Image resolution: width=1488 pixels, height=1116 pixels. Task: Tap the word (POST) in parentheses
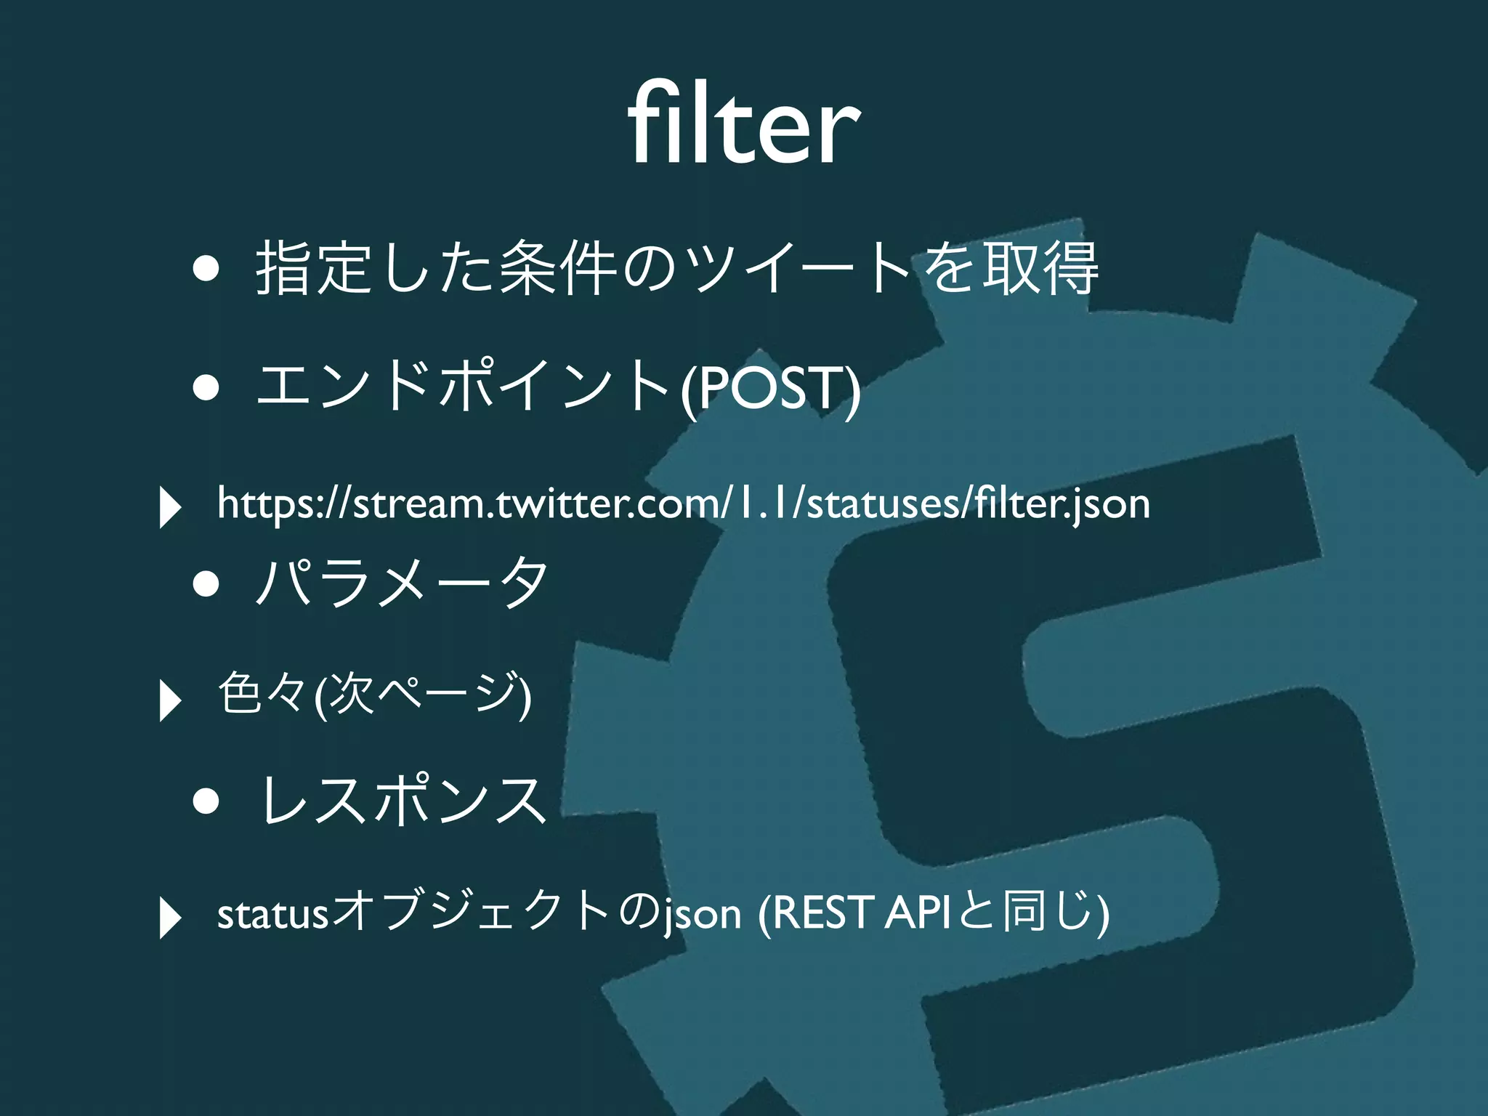[770, 389]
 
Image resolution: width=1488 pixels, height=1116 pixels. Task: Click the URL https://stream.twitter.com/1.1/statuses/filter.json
[683, 504]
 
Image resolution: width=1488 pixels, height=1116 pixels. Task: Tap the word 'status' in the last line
[272, 914]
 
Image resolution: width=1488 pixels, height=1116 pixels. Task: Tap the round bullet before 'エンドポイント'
[206, 388]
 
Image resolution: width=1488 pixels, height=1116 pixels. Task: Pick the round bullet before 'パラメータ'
[206, 583]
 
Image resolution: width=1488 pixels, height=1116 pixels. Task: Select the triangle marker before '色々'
[169, 700]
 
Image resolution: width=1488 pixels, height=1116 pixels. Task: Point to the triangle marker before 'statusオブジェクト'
[169, 918]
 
